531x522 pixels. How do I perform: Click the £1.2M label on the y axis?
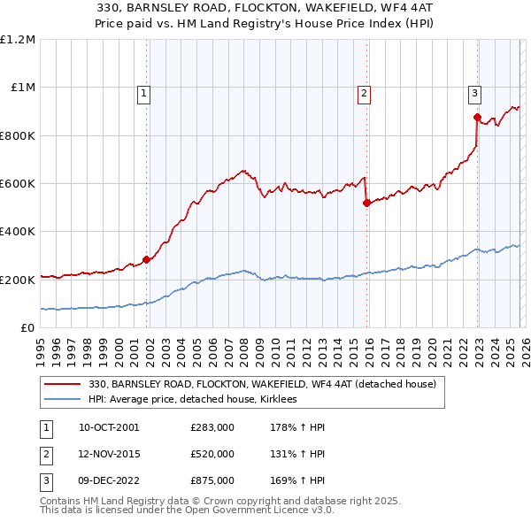[18, 40]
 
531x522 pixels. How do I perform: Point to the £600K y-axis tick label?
[18, 184]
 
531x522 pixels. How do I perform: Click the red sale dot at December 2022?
[477, 117]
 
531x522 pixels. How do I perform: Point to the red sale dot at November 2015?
[366, 203]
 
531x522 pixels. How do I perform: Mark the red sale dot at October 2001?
[146, 259]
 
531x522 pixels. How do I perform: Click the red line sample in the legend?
[64, 385]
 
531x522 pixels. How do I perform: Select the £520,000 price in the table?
[212, 454]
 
